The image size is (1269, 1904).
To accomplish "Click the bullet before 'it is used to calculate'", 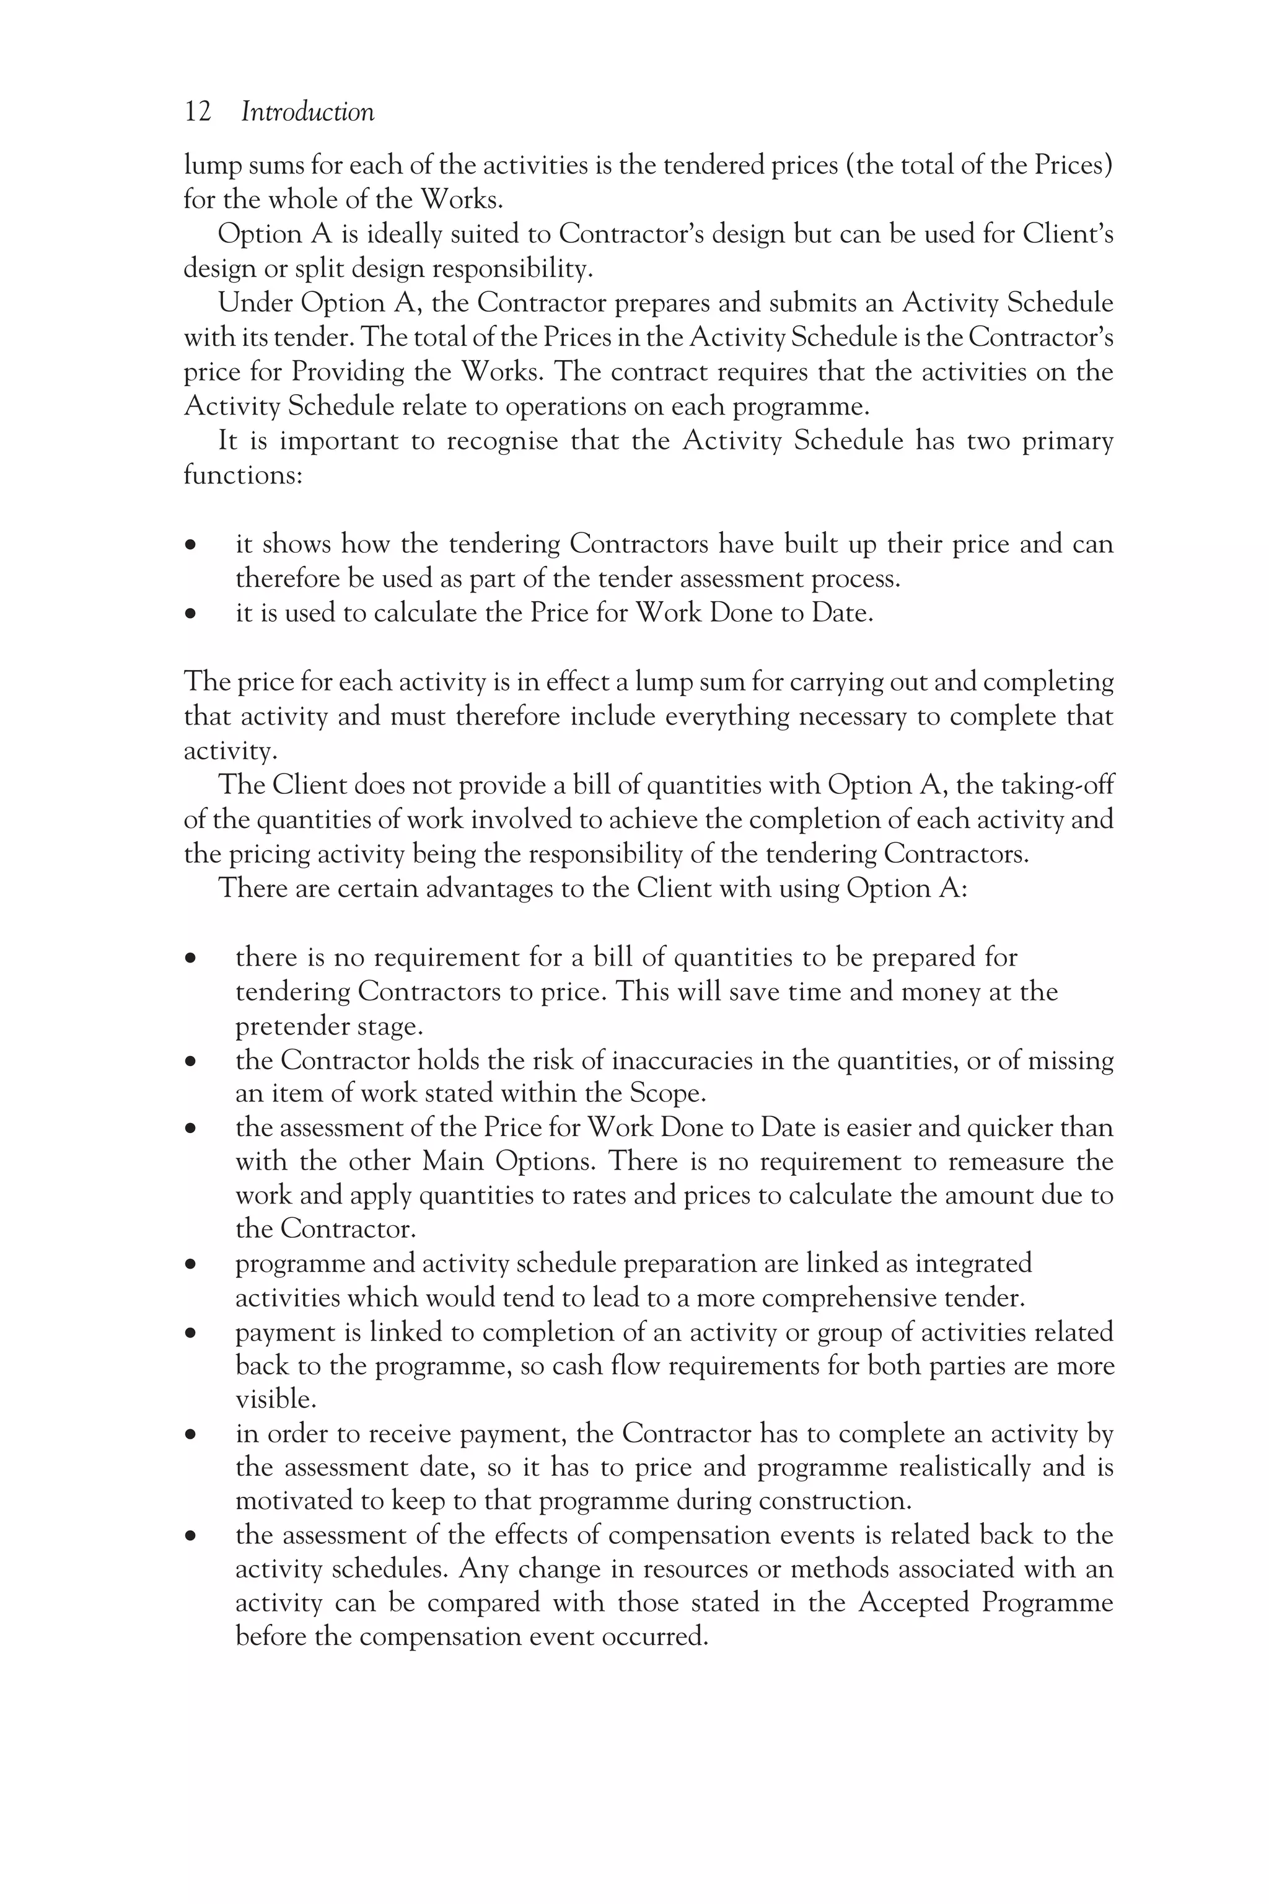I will click(190, 614).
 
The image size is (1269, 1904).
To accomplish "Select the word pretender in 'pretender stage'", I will click(291, 1026).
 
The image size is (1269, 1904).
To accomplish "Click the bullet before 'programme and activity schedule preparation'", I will click(190, 1265).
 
